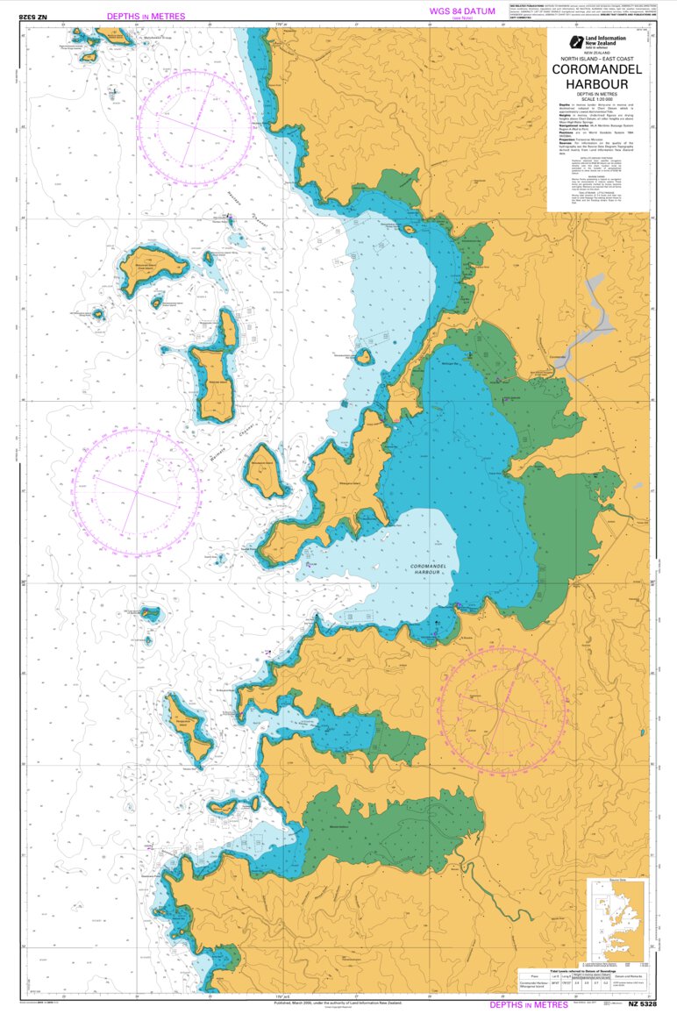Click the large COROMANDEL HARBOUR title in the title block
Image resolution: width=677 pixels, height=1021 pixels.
(x=596, y=78)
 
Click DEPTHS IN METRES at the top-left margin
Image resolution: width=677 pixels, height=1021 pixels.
(x=146, y=16)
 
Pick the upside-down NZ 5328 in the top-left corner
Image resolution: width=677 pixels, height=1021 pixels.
(x=32, y=16)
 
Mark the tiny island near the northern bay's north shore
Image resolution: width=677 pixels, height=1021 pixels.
(x=409, y=229)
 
